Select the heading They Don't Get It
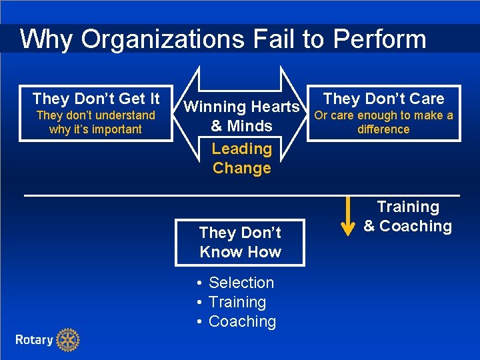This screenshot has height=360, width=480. point(96,99)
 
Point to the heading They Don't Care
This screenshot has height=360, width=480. point(383,99)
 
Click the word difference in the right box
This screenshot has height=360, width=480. point(383,129)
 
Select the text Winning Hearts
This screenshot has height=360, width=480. point(241,107)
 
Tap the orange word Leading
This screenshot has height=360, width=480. point(241,149)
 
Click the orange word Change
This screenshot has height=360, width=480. point(241,168)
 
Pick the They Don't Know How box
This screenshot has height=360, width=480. point(240,242)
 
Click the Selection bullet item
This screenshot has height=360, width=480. point(241,283)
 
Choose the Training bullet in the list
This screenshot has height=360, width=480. point(237,302)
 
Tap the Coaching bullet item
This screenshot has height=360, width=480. point(242,321)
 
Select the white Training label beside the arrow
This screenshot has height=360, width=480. point(408,207)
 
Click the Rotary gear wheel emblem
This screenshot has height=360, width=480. point(67,340)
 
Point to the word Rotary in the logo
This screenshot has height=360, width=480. point(34,340)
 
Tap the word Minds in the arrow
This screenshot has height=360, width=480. point(249,126)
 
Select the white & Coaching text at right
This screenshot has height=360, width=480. point(407,227)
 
